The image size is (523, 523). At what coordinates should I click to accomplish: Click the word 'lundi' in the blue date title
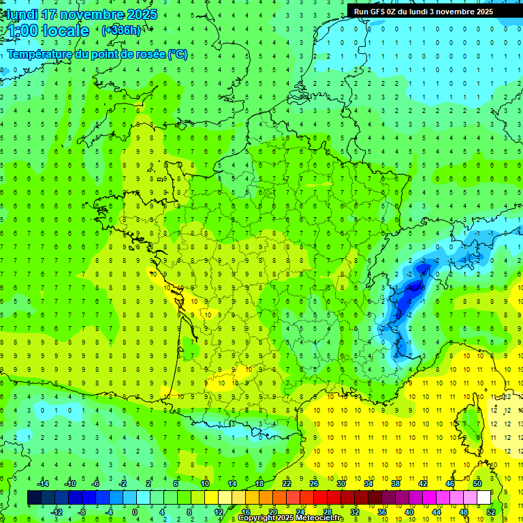coord(21,14)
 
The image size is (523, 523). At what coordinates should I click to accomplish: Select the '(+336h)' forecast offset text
coord(122,31)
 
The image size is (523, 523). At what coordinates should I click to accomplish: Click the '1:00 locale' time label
coord(46,31)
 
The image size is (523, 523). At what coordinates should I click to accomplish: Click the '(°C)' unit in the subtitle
coord(178,54)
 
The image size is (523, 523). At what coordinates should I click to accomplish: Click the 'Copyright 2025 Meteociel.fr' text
coord(291,518)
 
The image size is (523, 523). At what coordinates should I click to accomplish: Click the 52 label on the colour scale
coord(491,512)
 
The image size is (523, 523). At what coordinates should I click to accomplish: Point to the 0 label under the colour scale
coord(135,512)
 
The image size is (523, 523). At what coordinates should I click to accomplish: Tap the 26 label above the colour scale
coord(314,484)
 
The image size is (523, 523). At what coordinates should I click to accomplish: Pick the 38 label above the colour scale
coord(396,484)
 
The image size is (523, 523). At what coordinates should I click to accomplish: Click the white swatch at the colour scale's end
coord(484,498)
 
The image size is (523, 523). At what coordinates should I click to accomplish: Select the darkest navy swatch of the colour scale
coord(34,498)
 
